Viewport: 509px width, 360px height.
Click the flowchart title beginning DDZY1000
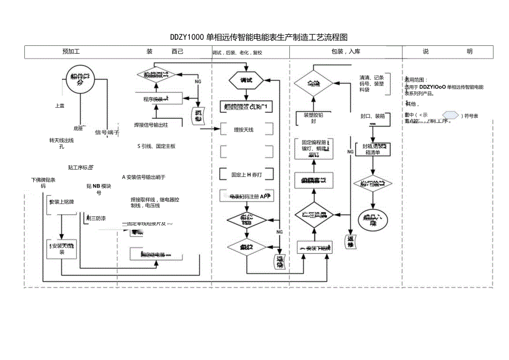(259, 38)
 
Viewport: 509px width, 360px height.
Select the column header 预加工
(71, 51)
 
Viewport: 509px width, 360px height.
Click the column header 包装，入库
(345, 51)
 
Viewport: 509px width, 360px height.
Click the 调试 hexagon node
(246, 80)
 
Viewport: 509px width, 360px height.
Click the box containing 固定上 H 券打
(246, 174)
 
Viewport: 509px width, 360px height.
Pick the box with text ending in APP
(246, 196)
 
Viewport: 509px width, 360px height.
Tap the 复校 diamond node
(246, 247)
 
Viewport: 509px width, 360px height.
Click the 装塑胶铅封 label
(314, 118)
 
